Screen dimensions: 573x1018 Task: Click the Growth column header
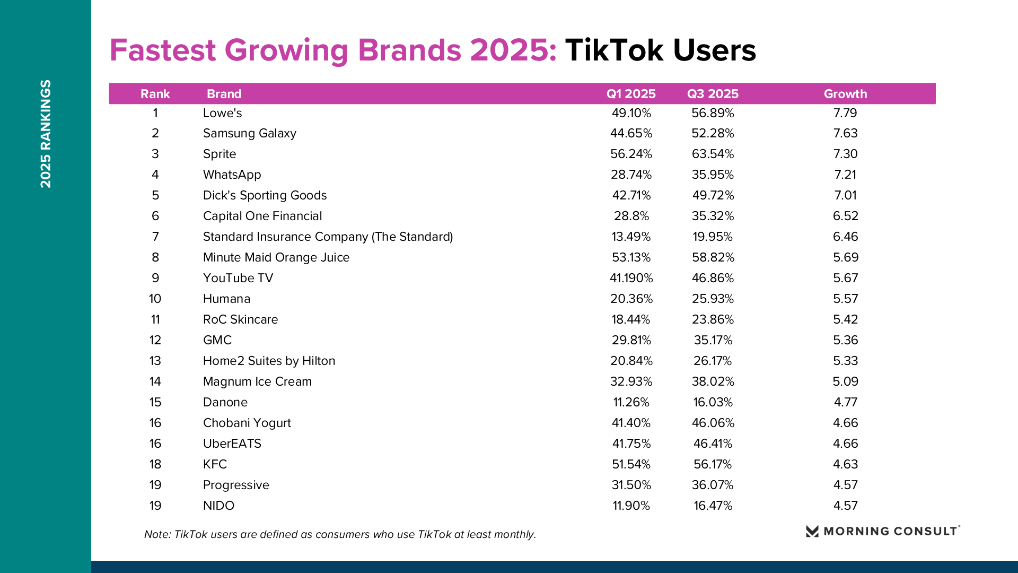point(845,94)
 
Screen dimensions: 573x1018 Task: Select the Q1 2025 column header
point(631,94)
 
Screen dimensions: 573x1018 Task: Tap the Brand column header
point(224,94)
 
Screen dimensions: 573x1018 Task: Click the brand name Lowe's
point(222,113)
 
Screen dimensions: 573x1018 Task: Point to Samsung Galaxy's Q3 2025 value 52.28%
point(713,133)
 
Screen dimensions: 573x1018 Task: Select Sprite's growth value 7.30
point(845,154)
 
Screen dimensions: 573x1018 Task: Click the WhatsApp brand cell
point(232,175)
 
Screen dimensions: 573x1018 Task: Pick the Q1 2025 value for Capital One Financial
point(631,216)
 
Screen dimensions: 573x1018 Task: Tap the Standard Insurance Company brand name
point(328,237)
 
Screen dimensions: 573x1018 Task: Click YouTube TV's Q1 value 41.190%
point(631,278)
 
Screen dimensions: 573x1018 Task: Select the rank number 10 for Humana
point(155,299)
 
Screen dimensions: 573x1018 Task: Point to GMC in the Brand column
point(217,340)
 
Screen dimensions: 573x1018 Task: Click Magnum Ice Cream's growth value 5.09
point(845,381)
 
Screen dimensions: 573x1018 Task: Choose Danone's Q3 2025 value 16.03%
point(713,402)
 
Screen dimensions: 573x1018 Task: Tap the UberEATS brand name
point(232,444)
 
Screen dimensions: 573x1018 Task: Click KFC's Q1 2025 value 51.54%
point(631,464)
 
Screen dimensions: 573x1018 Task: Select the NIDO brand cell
point(218,506)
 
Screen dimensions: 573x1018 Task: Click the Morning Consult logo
point(883,531)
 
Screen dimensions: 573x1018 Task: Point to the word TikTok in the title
point(614,50)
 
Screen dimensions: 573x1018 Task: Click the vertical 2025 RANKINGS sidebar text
point(46,134)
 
